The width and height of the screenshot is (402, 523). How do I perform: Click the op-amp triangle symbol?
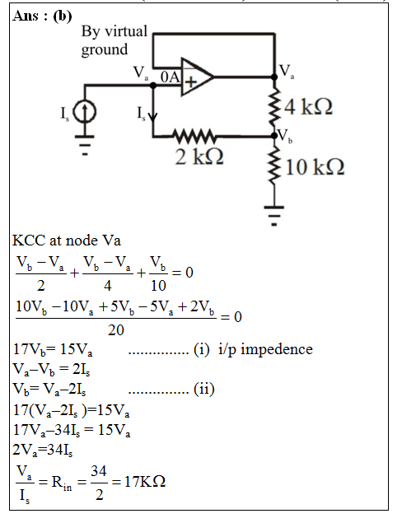click(x=197, y=77)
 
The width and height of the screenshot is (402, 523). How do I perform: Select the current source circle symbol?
click(x=85, y=112)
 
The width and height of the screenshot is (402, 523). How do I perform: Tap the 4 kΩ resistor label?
click(x=309, y=107)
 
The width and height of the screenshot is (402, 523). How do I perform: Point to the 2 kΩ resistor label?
click(x=199, y=156)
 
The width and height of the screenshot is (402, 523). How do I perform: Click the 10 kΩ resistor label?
click(x=315, y=166)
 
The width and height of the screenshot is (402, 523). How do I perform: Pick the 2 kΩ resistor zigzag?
click(x=194, y=136)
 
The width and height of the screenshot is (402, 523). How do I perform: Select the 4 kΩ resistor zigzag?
click(x=274, y=106)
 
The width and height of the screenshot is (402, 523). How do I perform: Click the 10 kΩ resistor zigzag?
click(x=274, y=166)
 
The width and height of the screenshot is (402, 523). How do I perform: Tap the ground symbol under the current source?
click(x=85, y=145)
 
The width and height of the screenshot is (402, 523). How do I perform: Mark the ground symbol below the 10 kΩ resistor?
click(x=274, y=216)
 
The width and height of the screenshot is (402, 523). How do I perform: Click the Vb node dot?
click(x=274, y=136)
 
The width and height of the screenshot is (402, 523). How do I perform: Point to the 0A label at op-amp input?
click(x=171, y=77)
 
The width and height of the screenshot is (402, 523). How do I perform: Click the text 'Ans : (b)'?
click(x=42, y=16)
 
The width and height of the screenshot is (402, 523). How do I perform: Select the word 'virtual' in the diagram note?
click(x=126, y=31)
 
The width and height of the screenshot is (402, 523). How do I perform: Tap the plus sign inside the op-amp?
click(x=191, y=82)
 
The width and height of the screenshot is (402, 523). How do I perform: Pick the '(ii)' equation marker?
click(x=203, y=389)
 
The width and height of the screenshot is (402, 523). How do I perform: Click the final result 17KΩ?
click(x=145, y=482)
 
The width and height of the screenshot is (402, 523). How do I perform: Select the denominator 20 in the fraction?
click(x=116, y=330)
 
